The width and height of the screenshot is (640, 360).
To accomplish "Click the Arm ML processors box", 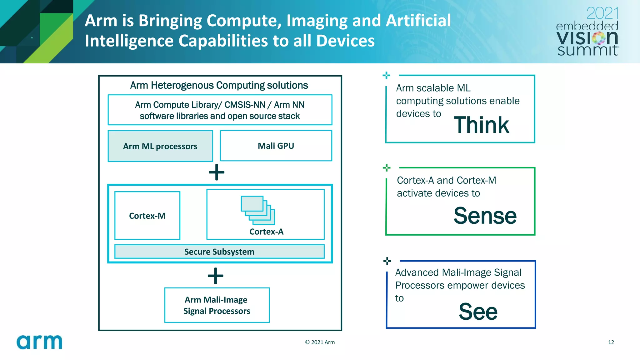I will click(160, 146).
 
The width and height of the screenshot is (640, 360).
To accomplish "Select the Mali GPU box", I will click(276, 146).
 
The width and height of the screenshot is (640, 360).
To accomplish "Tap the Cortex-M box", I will click(147, 216).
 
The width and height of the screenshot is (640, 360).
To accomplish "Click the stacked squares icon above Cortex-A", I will click(258, 210).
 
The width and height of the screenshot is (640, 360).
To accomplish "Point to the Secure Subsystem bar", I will click(219, 252).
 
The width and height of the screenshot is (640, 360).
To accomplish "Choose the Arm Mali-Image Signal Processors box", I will click(217, 305).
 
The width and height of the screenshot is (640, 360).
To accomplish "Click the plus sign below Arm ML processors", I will click(217, 172).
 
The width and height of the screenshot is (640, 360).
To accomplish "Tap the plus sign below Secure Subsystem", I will click(216, 276).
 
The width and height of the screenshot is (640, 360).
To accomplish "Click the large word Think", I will click(481, 125).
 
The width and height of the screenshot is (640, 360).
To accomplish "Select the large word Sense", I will click(485, 216).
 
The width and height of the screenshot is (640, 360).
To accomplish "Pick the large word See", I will click(478, 312).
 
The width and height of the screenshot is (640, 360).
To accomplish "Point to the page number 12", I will click(611, 342).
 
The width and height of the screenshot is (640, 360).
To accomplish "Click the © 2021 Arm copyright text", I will click(320, 342).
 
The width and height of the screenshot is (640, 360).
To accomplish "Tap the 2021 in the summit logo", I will click(602, 13).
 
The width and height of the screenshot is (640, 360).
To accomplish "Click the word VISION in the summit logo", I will click(587, 38).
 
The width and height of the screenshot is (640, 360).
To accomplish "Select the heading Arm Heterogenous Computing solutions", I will click(219, 85).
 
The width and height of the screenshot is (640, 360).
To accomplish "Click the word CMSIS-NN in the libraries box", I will click(245, 105).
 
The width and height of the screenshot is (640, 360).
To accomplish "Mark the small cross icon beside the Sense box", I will click(387, 168).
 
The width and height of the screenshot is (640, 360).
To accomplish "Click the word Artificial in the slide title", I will click(418, 21).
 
